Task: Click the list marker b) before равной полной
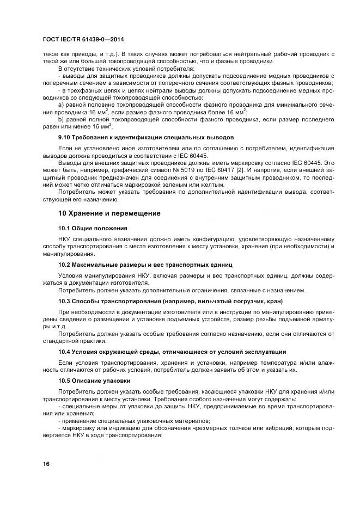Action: (x=61, y=118)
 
